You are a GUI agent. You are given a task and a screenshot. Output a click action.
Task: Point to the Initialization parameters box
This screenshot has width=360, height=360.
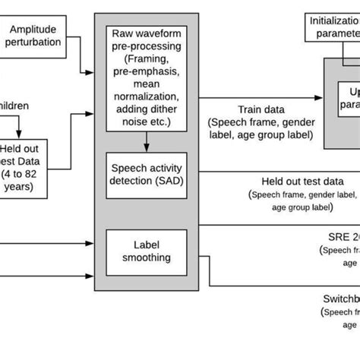pyautogui.click(x=334, y=27)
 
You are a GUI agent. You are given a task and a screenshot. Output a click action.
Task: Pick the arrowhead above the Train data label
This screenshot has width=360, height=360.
pyautogui.click(x=319, y=97)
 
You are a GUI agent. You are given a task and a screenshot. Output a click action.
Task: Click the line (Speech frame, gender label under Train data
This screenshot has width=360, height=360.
pyautogui.click(x=260, y=122)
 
